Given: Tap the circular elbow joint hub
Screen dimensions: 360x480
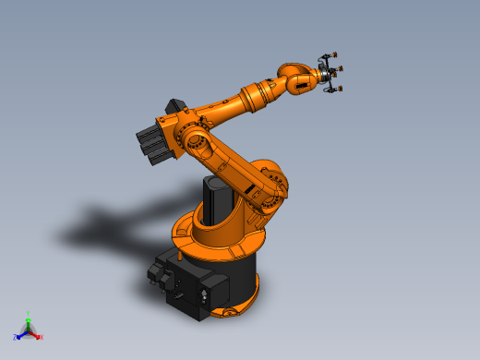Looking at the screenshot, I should tap(195, 142).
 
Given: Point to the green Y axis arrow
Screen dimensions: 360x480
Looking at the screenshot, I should tap(29, 323).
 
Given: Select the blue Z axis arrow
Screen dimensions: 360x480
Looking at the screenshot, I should tap(21, 335).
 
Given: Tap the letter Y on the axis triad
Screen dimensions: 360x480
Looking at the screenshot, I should tap(29, 314).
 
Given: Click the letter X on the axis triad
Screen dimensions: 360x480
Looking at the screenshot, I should tap(42, 338).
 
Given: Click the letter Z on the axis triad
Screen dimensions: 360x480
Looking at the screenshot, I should tap(16, 338).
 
